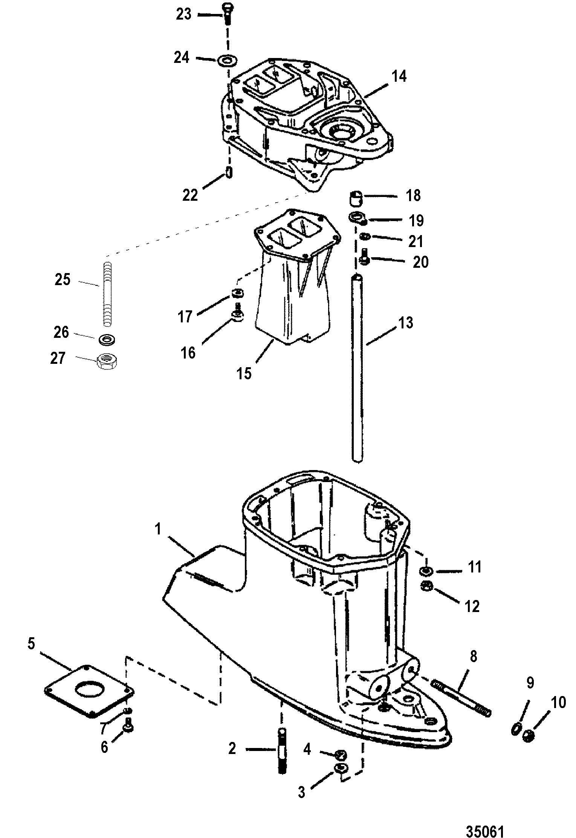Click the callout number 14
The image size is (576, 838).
(x=399, y=76)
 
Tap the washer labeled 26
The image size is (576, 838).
(x=107, y=339)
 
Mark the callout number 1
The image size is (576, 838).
(x=158, y=529)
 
